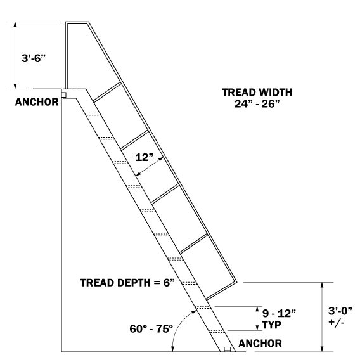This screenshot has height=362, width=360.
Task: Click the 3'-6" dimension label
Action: pyautogui.click(x=34, y=58)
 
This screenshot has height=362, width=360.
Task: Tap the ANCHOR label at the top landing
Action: pyautogui.click(x=37, y=102)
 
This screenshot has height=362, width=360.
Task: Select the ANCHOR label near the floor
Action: pyautogui.click(x=260, y=344)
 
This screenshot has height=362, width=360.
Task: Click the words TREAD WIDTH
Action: pyautogui.click(x=257, y=93)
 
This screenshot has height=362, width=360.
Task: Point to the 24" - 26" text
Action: pyautogui.click(x=257, y=104)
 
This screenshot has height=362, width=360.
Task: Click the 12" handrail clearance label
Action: pyautogui.click(x=145, y=157)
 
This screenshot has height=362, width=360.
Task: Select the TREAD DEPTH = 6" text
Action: pyautogui.click(x=127, y=283)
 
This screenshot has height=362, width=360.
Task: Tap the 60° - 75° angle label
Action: pyautogui.click(x=151, y=329)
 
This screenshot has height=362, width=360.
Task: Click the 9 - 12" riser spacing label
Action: pyautogui.click(x=279, y=313)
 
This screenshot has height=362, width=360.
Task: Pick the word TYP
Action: pyautogui.click(x=272, y=325)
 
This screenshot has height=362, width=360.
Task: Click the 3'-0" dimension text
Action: pyautogui.click(x=340, y=311)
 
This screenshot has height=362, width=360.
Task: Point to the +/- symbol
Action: pyautogui.click(x=337, y=322)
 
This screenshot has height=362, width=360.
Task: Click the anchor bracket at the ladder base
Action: pyautogui.click(x=228, y=349)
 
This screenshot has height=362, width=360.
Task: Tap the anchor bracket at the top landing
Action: pyautogui.click(x=64, y=95)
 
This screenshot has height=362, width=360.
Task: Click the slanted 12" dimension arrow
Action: pyautogui.click(x=150, y=167)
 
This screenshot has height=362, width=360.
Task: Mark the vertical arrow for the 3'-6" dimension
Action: pyautogui.click(x=15, y=55)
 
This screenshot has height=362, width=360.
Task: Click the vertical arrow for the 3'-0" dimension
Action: pyautogui.click(x=323, y=317)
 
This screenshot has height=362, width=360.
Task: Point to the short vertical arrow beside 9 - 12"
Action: pyautogui.click(x=257, y=319)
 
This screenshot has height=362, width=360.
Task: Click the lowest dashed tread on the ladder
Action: pyautogui.click(x=217, y=332)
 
